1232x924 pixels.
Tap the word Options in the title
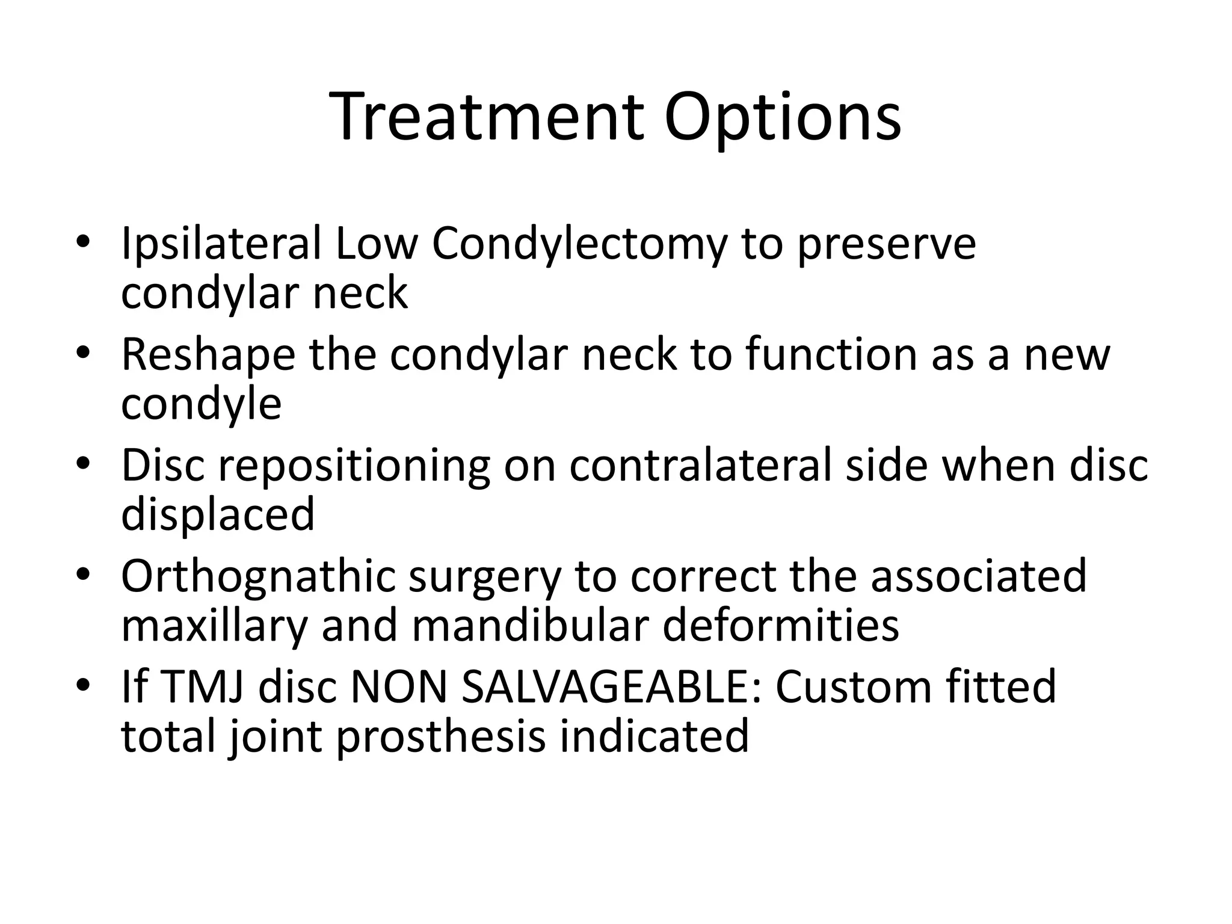tap(782, 118)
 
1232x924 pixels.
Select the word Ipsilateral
tap(221, 245)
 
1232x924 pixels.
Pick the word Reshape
tap(208, 355)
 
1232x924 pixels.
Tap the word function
tap(832, 355)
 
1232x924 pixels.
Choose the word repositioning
tap(354, 466)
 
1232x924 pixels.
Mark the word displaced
tap(218, 515)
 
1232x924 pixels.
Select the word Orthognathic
tap(258, 577)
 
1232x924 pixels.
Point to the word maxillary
tap(214, 626)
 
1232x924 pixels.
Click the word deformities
tap(780, 625)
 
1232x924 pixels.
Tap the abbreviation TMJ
tap(203, 687)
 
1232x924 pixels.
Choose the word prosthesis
tap(440, 736)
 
